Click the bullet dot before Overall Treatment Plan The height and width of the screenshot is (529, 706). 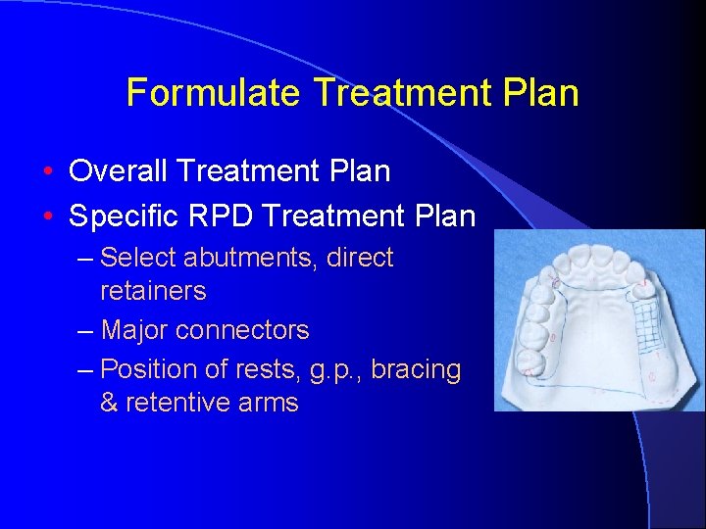click(x=48, y=172)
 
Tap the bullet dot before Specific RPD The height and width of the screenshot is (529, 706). click(x=48, y=216)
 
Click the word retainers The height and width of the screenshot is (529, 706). click(x=153, y=292)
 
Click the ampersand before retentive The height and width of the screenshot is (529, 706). click(x=109, y=403)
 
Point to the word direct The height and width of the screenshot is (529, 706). click(x=360, y=259)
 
